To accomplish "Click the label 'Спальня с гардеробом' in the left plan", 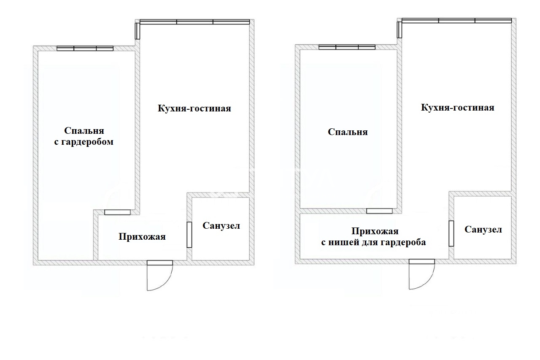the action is coord(84,136).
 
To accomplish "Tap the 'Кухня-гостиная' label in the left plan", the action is coord(194,108).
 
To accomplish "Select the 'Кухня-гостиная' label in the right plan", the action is coord(458,107).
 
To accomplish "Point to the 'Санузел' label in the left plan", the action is coord(221,225).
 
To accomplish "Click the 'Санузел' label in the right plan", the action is coord(483,229).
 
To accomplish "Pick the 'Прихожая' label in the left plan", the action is coord(142,236).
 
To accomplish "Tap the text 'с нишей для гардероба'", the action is coord(373,242).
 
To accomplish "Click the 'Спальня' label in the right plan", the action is coord(348,132).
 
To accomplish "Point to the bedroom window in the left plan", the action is coord(85,48).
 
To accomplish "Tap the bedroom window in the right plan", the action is coord(347,47).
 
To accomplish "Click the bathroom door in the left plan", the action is coord(189,235).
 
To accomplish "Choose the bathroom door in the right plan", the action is coord(451,233).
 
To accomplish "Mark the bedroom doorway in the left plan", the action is coord(117,212).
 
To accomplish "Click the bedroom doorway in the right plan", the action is coord(379,211).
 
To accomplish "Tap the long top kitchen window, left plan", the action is coord(194,22).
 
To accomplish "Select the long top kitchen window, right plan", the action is coord(456,21).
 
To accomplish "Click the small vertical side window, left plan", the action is coord(137,31).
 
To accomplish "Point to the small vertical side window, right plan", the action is coord(399,30).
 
